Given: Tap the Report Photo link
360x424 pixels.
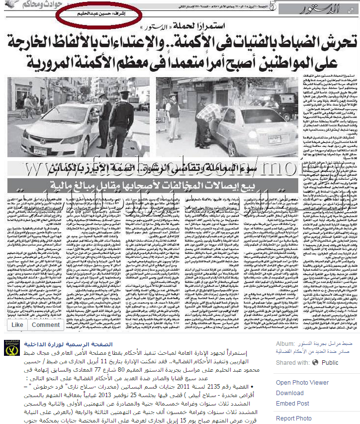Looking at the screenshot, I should tap(293, 419).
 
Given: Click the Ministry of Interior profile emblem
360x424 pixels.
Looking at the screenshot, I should tap(11, 361).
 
